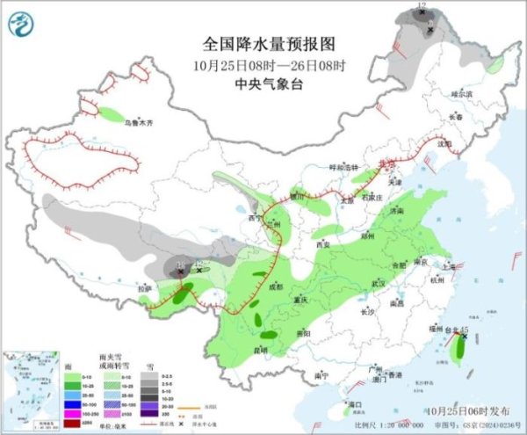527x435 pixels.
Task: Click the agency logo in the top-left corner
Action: click(x=21, y=25)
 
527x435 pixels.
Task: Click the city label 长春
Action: click(x=455, y=117)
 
